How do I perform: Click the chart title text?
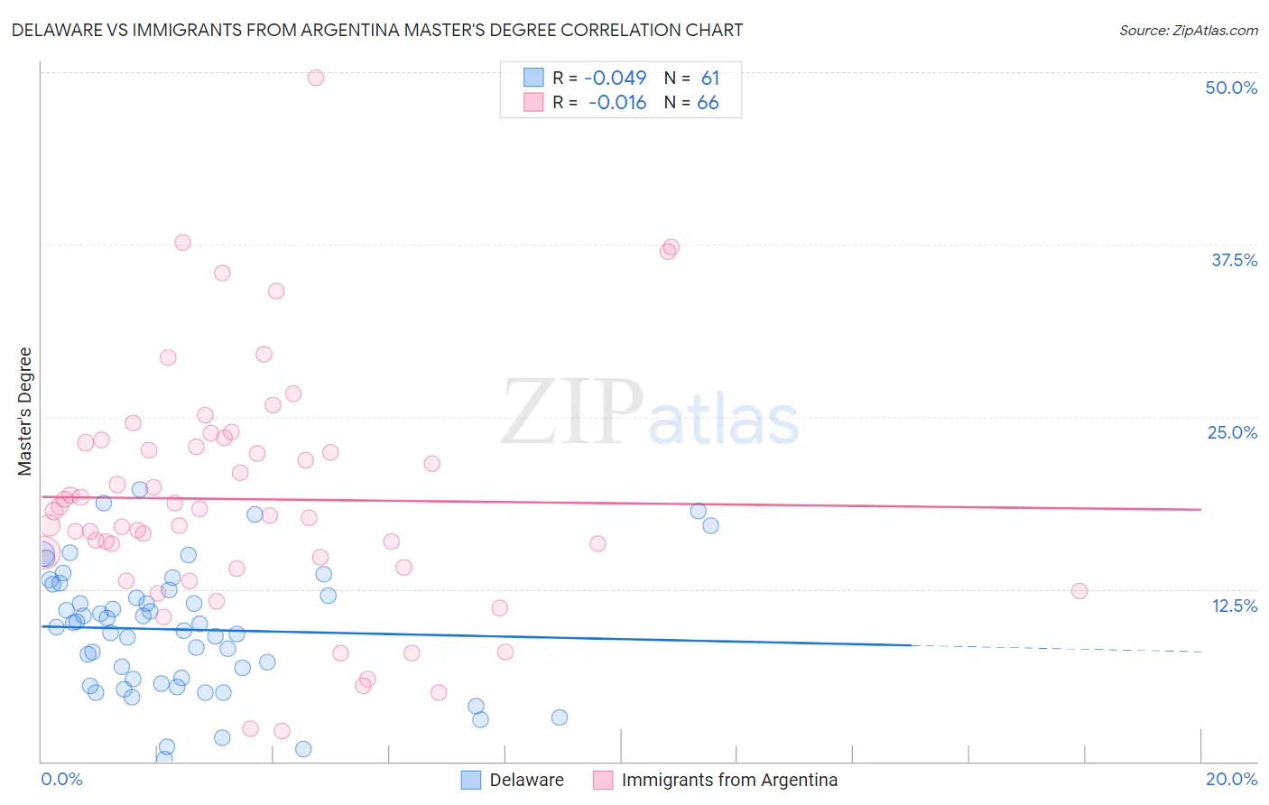click(377, 30)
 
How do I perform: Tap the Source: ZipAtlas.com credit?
click(1188, 30)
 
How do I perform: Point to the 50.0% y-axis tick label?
click(1231, 88)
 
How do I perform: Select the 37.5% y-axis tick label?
click(1234, 260)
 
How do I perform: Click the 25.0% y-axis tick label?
click(1232, 432)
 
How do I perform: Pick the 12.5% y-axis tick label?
click(1234, 605)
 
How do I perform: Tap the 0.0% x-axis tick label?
click(61, 779)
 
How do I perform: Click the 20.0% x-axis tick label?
click(1231, 779)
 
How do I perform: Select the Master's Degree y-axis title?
click(24, 412)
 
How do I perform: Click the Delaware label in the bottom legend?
click(526, 780)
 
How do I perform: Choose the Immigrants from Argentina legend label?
click(729, 780)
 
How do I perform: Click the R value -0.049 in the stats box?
click(615, 78)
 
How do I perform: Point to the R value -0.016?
click(616, 103)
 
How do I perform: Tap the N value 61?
click(710, 78)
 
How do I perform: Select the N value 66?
click(708, 103)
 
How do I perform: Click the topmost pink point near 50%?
click(316, 78)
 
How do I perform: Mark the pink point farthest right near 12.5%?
click(1079, 591)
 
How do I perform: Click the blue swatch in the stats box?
click(533, 78)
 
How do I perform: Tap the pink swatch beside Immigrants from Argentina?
click(603, 780)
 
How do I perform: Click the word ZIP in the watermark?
click(570, 412)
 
